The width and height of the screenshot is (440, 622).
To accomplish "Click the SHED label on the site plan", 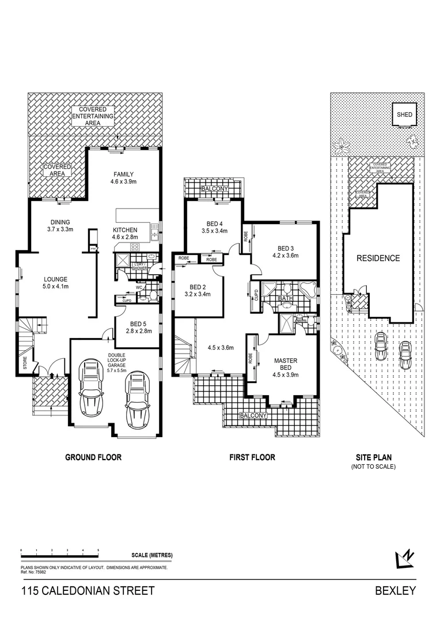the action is coord(404,115).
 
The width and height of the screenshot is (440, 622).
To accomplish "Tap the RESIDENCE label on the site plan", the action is coord(377,258).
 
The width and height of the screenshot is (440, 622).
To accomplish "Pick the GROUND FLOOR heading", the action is coord(93,457).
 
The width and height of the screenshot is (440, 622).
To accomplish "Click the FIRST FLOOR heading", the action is coord(252,457).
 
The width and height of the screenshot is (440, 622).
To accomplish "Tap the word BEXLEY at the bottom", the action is coord(395,591).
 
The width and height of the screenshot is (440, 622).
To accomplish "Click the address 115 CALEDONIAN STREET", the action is coord(88,591).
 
